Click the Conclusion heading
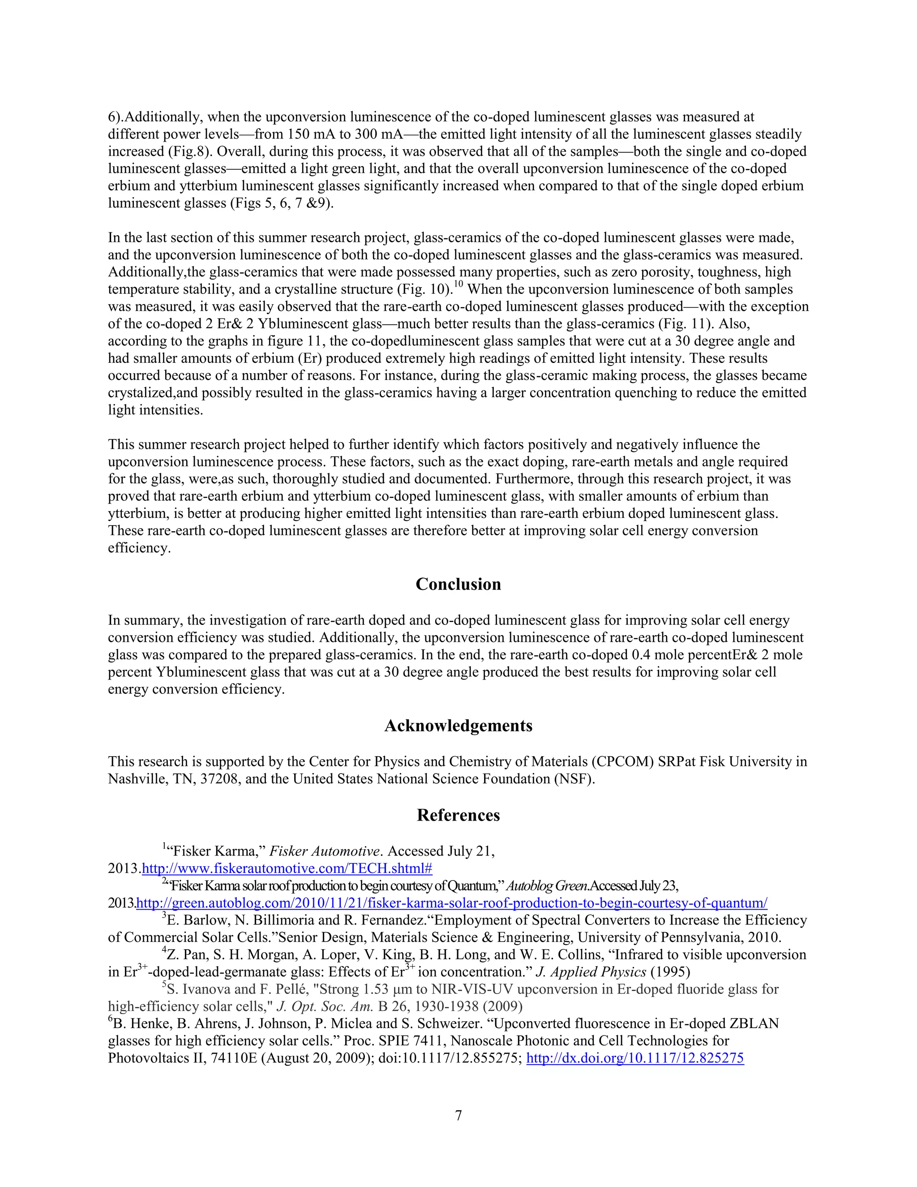[458, 584]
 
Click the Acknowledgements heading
[458, 726]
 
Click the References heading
[458, 815]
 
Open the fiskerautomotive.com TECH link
[287, 869]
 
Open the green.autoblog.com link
[451, 903]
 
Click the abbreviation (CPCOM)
[622, 762]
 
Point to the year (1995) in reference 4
[670, 972]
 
